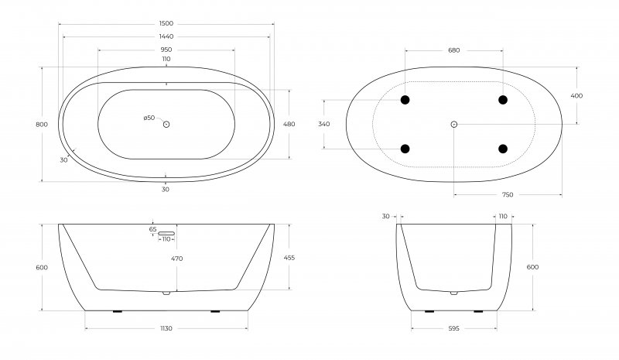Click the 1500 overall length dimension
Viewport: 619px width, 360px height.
pyautogui.click(x=166, y=24)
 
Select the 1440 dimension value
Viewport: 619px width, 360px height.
pyautogui.click(x=166, y=36)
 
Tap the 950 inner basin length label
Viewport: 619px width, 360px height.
pyautogui.click(x=166, y=50)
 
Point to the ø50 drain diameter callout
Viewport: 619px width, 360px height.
pyautogui.click(x=149, y=118)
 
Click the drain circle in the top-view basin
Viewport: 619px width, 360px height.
pyautogui.click(x=166, y=125)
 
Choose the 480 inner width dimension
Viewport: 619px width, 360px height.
pyautogui.click(x=289, y=124)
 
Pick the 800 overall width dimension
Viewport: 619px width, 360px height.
pyautogui.click(x=42, y=125)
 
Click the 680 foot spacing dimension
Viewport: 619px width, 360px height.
pyautogui.click(x=454, y=50)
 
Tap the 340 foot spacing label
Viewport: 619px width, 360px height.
pyautogui.click(x=323, y=124)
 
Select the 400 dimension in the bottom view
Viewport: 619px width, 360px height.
pyautogui.click(x=576, y=96)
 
